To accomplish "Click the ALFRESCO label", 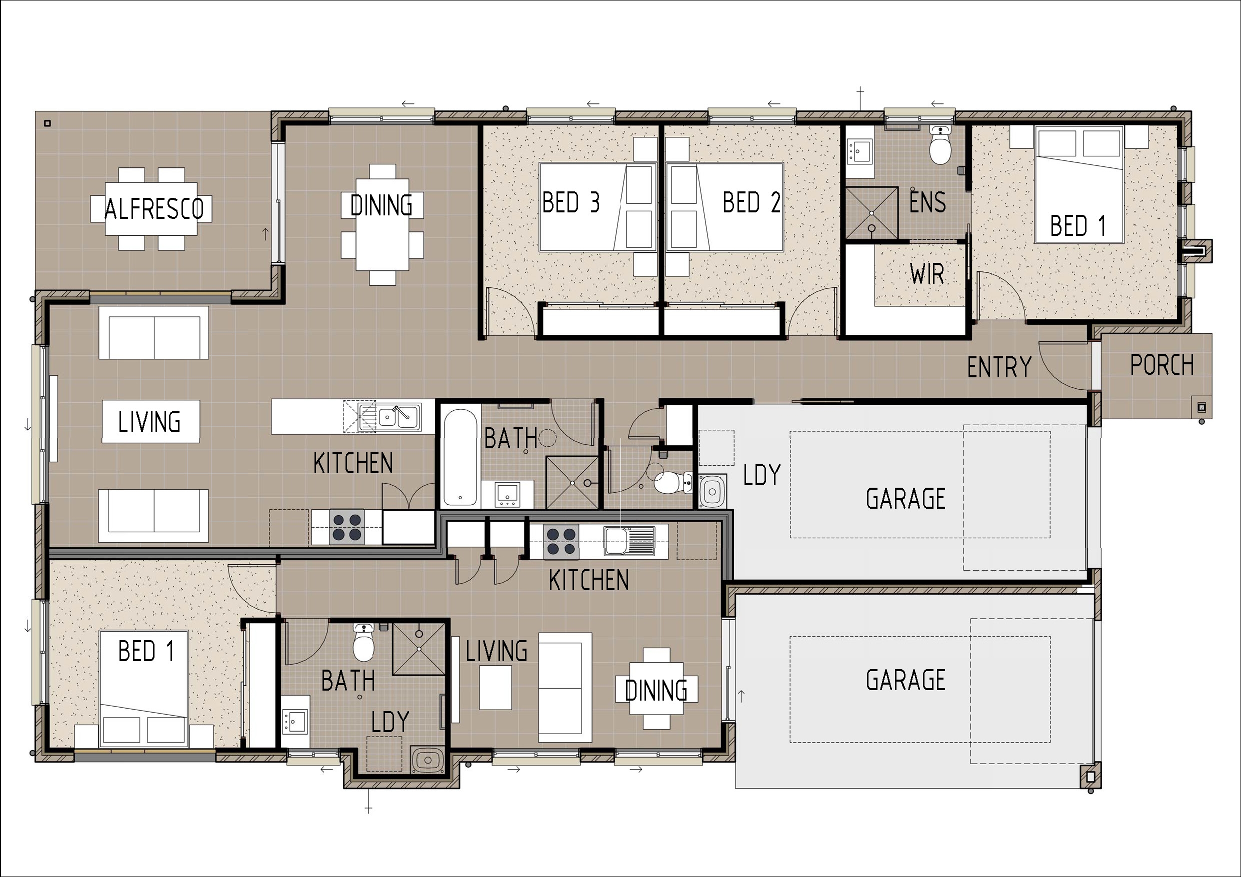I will click(x=154, y=209).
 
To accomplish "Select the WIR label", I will click(x=927, y=274).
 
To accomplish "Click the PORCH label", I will click(x=1161, y=365).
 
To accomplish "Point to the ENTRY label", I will click(x=999, y=368).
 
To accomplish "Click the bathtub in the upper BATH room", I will click(x=459, y=457).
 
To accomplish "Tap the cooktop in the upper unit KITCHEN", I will click(x=347, y=527).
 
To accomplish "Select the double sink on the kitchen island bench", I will click(x=397, y=417).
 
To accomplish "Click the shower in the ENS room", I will click(x=871, y=213).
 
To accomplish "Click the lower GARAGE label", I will click(x=905, y=680).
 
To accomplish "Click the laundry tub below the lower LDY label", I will click(x=427, y=760).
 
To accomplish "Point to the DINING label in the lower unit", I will click(x=655, y=691).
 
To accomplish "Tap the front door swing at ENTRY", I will click(x=1062, y=367).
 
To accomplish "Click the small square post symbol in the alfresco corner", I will click(x=47, y=123).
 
